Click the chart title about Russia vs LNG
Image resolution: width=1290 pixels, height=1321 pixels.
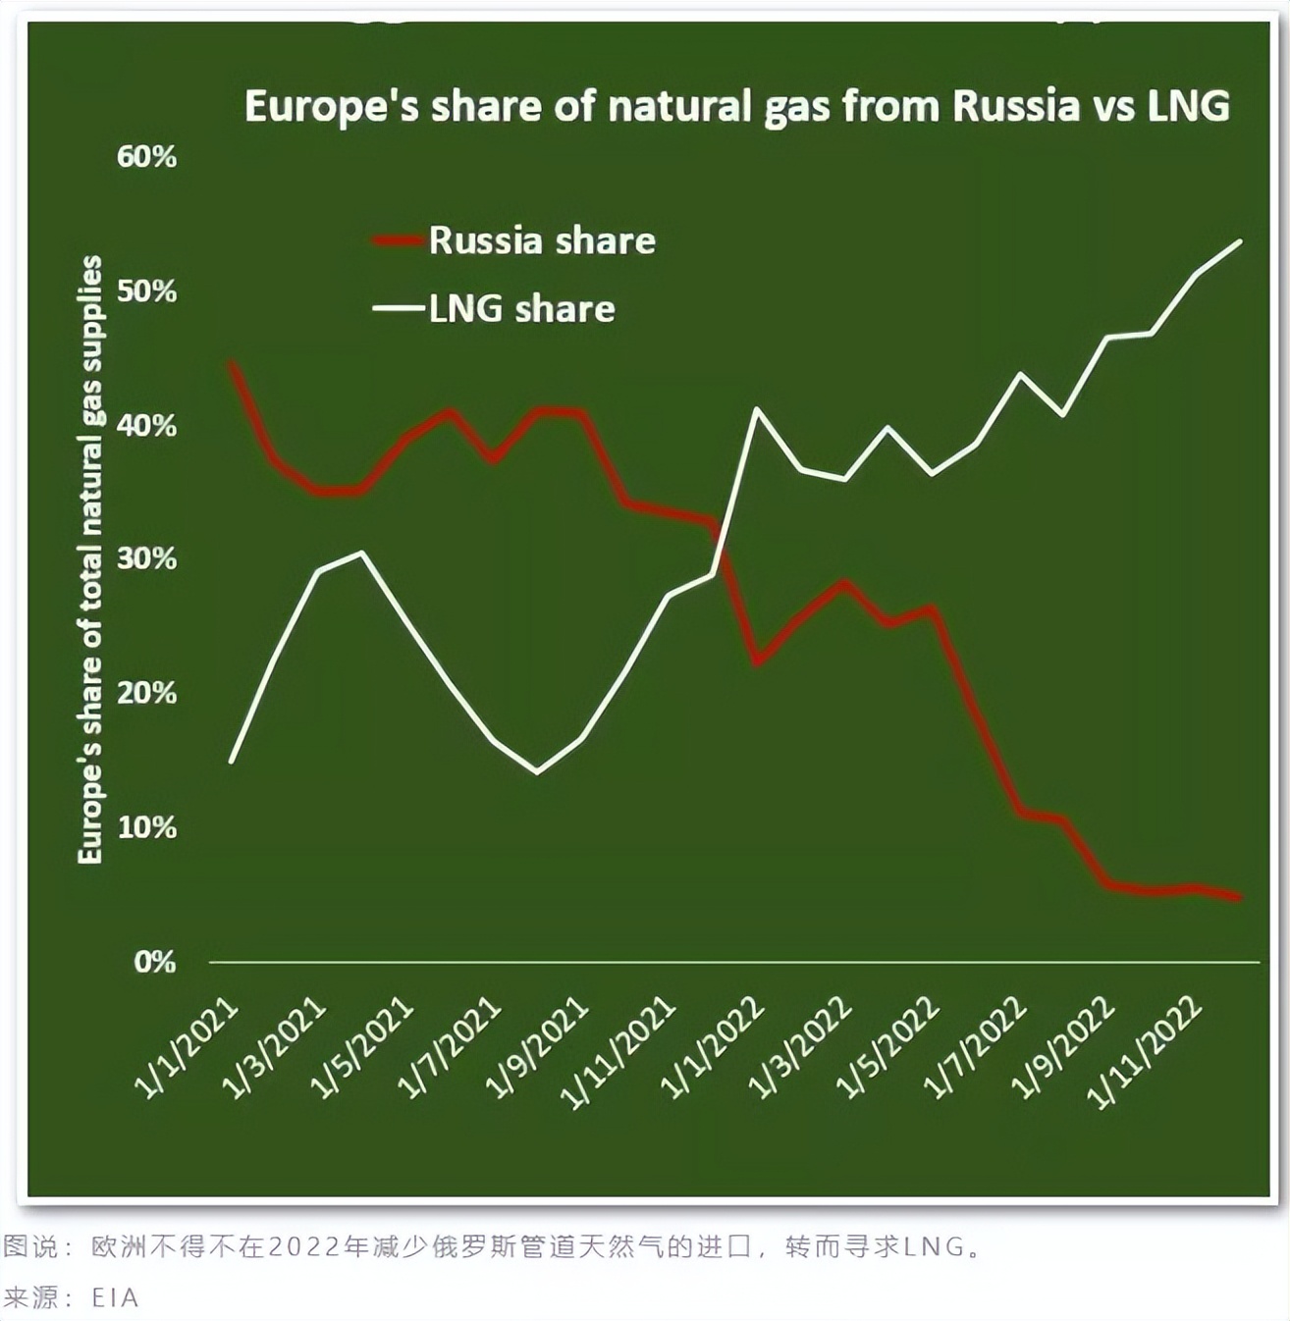click(x=736, y=106)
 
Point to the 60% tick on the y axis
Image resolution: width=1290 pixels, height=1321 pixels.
click(x=147, y=157)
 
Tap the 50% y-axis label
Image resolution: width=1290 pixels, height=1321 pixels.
click(x=147, y=291)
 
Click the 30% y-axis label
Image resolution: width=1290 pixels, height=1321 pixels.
click(x=147, y=559)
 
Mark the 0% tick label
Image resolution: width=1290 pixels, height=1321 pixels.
click(x=155, y=962)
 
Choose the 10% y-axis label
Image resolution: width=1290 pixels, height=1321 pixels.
click(x=147, y=827)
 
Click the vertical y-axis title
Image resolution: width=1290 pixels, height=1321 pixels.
click(x=90, y=559)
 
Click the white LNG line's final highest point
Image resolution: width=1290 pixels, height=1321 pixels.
click(x=1241, y=241)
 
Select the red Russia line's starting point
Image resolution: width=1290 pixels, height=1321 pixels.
click(x=232, y=363)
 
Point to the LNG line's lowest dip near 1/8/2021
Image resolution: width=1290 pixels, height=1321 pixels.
click(x=537, y=772)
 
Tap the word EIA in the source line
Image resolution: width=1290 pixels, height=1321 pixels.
click(x=115, y=1297)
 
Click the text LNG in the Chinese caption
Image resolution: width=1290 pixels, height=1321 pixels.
click(x=933, y=1247)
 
